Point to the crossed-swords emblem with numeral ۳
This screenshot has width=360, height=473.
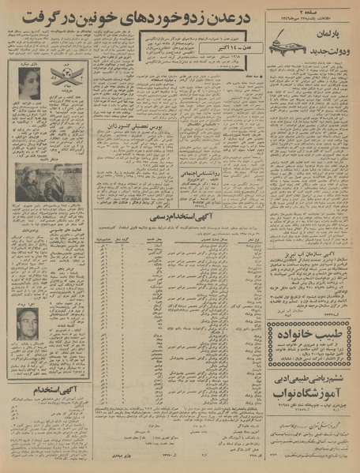tap(66, 77)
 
